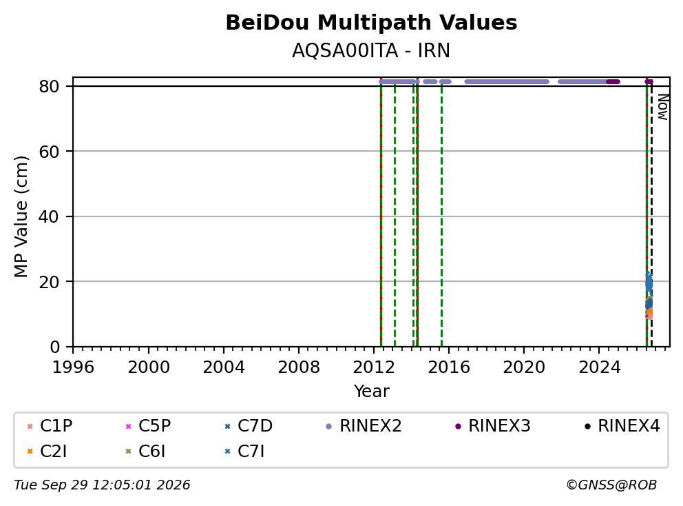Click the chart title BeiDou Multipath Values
click(371, 23)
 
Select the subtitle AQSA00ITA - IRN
click(371, 50)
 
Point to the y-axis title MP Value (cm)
click(21, 216)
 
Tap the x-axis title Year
click(371, 392)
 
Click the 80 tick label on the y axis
click(49, 86)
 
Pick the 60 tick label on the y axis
click(49, 152)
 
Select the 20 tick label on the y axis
click(49, 282)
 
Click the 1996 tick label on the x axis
click(73, 367)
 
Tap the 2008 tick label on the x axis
click(298, 367)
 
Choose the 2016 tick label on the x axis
click(449, 367)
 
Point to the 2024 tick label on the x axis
click(599, 367)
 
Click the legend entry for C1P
click(49, 426)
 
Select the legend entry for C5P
click(148, 426)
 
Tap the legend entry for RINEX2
click(364, 426)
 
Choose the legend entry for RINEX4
click(622, 426)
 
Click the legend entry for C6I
click(145, 452)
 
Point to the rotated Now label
click(663, 107)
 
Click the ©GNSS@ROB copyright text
click(611, 485)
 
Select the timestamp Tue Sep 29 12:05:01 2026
click(102, 485)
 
